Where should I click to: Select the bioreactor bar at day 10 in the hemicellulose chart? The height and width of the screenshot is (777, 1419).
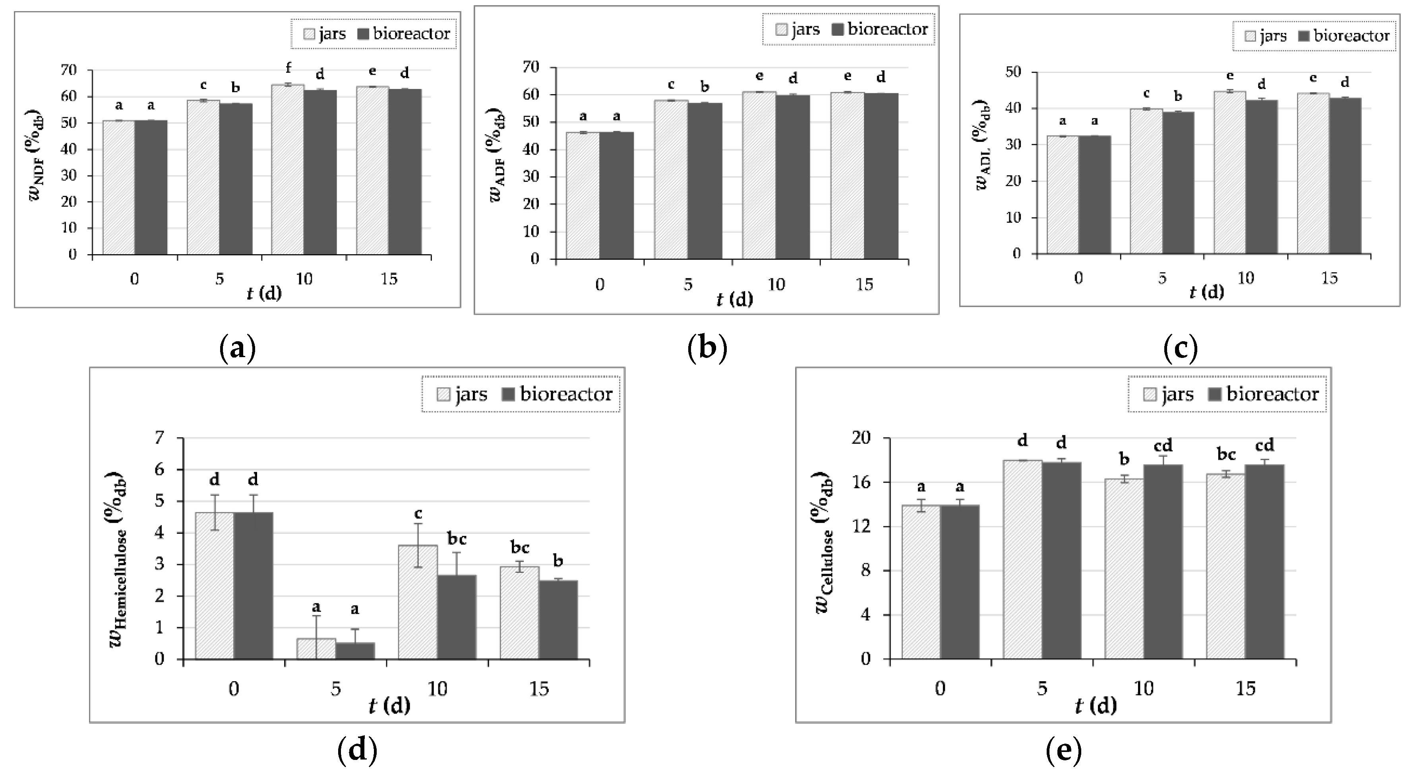tap(457, 617)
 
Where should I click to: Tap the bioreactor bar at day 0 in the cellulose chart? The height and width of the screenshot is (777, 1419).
tap(960, 582)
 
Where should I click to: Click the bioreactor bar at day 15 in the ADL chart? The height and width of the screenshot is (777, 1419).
tap(1345, 176)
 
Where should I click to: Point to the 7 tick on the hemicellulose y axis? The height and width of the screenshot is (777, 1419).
tap(160, 438)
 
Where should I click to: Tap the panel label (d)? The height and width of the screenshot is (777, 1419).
tap(357, 750)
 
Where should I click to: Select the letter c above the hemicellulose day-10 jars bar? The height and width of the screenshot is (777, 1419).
tap(418, 514)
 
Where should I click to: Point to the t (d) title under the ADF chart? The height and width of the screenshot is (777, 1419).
tap(734, 299)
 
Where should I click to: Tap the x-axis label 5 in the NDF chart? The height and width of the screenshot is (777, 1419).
tap(219, 279)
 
